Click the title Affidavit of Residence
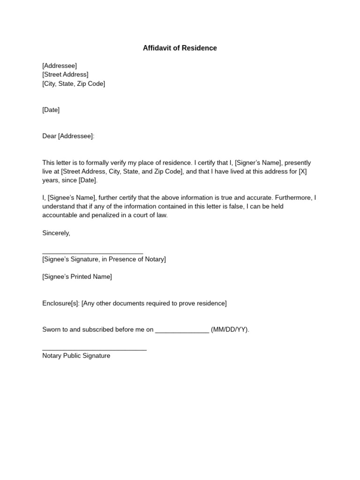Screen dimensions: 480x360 tap(180, 48)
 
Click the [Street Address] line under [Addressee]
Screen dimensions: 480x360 tap(65, 75)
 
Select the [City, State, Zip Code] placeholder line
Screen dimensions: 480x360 tap(74, 84)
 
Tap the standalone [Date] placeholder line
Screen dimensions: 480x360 tap(51, 110)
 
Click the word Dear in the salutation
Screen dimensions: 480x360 tap(49, 136)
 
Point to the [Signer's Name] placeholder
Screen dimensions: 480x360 tap(258, 163)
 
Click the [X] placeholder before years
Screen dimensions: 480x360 tap(302, 172)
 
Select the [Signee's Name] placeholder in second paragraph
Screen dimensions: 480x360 tap(72, 198)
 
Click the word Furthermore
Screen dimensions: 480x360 tap(293, 198)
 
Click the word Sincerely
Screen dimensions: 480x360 tap(56, 233)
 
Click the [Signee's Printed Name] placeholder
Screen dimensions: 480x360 tap(77, 277)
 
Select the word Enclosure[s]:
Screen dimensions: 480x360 tap(61, 303)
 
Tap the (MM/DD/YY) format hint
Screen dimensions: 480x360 tap(230, 330)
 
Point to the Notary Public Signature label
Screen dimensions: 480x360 tap(76, 356)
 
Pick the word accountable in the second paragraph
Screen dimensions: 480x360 tap(60, 216)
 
